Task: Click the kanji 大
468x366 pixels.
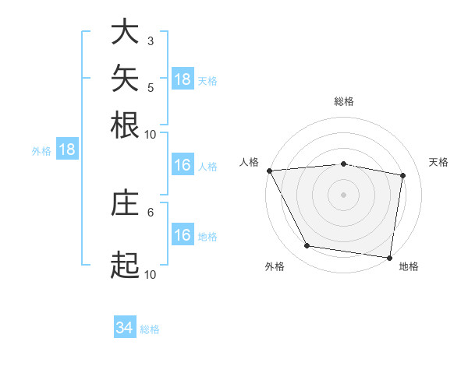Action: pos(125,31)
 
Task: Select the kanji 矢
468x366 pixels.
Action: pos(125,78)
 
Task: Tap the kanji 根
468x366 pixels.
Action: pos(125,125)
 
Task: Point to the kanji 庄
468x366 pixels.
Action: pos(125,202)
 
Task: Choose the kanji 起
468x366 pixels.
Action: pos(125,265)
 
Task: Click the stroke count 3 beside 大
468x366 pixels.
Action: pos(151,41)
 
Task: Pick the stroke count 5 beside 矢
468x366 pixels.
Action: pos(151,88)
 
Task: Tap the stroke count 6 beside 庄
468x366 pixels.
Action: pos(151,213)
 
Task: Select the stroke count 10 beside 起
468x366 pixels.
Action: pos(150,275)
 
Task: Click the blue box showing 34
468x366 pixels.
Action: pos(125,326)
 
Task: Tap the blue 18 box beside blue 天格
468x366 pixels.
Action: pos(183,79)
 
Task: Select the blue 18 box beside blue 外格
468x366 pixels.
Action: pos(67,149)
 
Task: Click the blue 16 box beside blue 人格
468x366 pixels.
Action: pos(183,164)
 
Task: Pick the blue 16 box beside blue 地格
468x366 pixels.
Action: pos(183,234)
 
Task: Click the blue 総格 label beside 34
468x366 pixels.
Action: pos(150,329)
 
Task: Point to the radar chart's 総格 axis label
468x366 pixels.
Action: pos(344,101)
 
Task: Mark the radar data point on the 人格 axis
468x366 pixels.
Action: pos(270,171)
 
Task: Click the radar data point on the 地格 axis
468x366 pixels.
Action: pos(389,258)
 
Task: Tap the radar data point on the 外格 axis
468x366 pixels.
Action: pos(307,245)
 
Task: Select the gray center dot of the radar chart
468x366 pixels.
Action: pos(343,195)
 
